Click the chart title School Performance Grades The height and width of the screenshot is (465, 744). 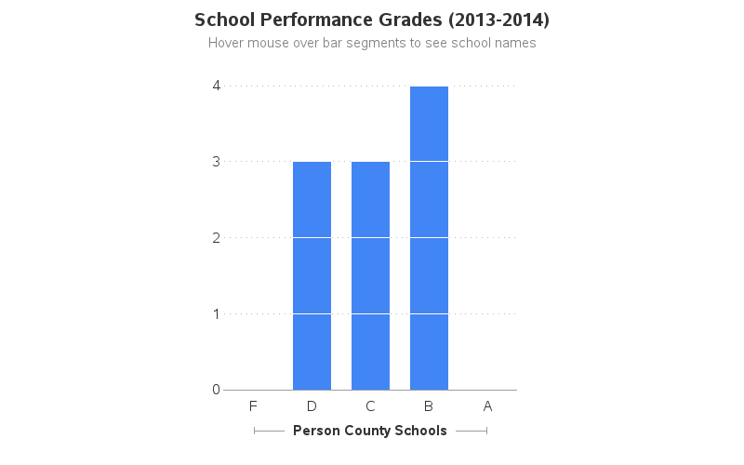click(x=371, y=20)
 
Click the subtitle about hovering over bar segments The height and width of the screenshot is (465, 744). click(x=372, y=43)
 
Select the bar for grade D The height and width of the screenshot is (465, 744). click(x=312, y=275)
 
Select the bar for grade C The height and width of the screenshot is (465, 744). click(x=370, y=275)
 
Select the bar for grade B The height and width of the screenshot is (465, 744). click(x=429, y=238)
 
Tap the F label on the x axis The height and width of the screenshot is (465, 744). click(x=253, y=405)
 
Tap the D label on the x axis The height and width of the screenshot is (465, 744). click(x=312, y=405)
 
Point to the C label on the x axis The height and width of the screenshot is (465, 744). click(x=370, y=405)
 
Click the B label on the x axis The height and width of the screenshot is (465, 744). click(x=429, y=405)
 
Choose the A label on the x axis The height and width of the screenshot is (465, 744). click(x=487, y=405)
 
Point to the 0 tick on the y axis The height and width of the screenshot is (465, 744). click(x=216, y=390)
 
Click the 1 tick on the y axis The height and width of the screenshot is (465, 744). click(x=216, y=313)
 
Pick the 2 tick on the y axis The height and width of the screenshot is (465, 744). click(x=216, y=237)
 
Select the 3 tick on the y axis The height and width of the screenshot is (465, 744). click(x=216, y=161)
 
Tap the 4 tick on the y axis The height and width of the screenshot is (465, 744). click(x=216, y=86)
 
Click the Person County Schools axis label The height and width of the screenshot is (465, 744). click(x=370, y=431)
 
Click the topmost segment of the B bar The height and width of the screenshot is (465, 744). click(x=429, y=124)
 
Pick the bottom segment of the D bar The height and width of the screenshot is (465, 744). click(x=312, y=352)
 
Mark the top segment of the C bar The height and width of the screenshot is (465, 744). click(x=370, y=199)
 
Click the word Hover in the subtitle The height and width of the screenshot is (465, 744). click(x=226, y=43)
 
